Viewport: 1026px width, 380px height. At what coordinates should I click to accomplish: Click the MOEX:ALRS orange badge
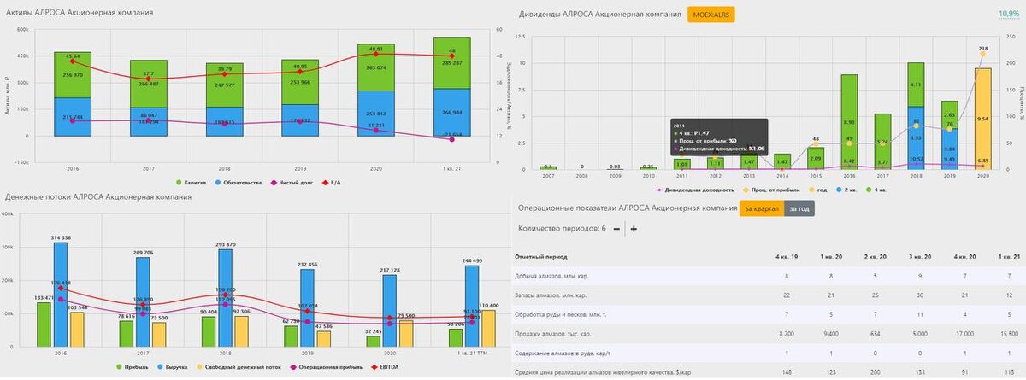[x=711, y=15]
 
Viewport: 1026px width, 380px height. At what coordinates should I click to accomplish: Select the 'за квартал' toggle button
[x=761, y=208]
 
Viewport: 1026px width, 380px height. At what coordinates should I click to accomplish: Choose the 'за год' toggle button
[x=798, y=208]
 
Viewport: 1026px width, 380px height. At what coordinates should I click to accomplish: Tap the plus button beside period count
[x=634, y=228]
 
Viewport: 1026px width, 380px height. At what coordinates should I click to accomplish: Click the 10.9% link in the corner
[x=1009, y=15]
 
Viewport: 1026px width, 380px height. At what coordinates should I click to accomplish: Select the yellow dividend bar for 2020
[x=983, y=119]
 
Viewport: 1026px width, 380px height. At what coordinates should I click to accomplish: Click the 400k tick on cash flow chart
[x=8, y=214]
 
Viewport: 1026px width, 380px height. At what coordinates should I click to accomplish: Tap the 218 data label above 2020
[x=983, y=49]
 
